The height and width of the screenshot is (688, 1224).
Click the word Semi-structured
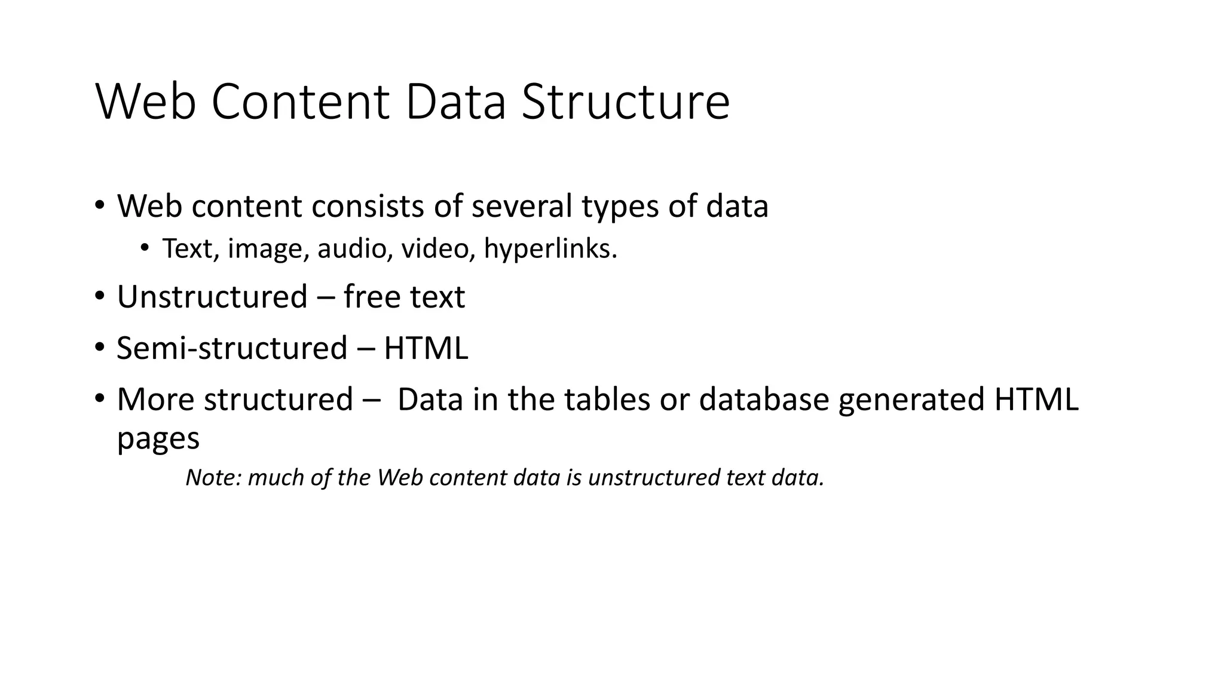point(232,348)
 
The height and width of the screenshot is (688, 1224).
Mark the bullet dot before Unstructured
point(99,296)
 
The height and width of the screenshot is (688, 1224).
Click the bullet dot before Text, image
point(145,248)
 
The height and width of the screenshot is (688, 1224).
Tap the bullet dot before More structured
point(99,398)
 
